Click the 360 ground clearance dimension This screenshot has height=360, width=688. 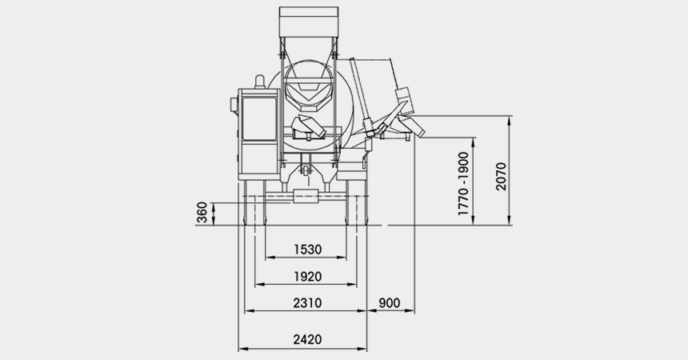tap(202, 213)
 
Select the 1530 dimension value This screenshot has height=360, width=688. tap(307, 250)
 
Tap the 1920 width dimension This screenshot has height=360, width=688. tap(307, 277)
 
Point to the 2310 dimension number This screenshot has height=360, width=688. tap(307, 303)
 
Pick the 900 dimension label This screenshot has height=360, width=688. tap(389, 303)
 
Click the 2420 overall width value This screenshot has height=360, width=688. tap(307, 339)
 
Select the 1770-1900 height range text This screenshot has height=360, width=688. tap(463, 183)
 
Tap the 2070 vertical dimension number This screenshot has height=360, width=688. tap(501, 177)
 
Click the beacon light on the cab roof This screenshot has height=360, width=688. tap(260, 82)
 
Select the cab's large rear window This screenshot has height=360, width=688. tap(260, 119)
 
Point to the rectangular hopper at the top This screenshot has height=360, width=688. tap(309, 22)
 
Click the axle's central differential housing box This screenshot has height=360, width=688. tap(305, 196)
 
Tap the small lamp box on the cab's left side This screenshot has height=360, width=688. tap(234, 106)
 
